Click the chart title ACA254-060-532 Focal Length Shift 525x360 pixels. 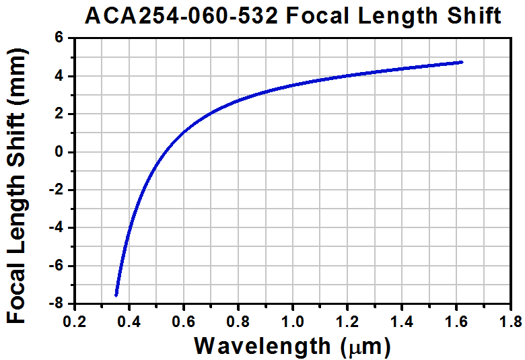[293, 16]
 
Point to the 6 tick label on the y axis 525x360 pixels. [59, 39]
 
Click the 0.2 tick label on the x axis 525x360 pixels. [74, 319]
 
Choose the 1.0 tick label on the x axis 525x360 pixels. [292, 319]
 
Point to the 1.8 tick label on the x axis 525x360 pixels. [510, 319]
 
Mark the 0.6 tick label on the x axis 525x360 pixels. [183, 319]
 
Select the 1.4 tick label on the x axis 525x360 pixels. [401, 319]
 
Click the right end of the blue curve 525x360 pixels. [462, 62]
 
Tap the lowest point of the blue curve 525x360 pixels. [116, 295]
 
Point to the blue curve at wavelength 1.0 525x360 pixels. [292, 85]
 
